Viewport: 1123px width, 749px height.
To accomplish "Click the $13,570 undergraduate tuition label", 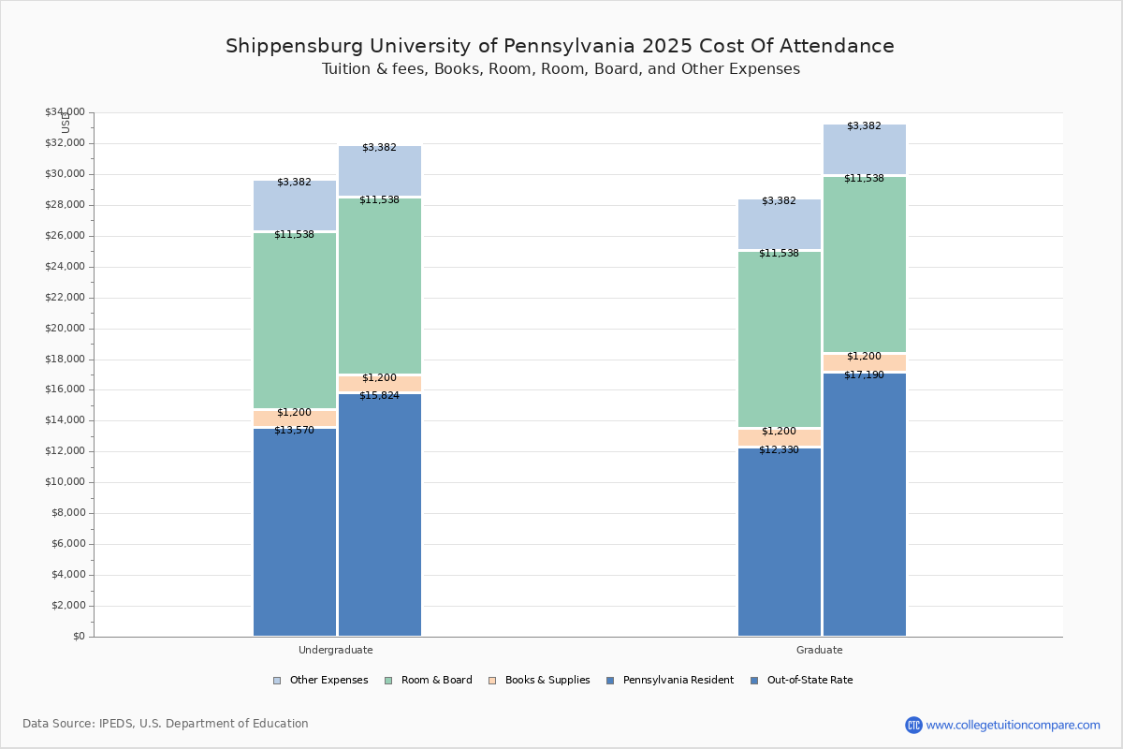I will (x=294, y=431).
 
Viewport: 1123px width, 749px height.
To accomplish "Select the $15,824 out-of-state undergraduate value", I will (x=379, y=396).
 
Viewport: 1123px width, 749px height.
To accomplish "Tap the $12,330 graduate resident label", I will (x=779, y=450).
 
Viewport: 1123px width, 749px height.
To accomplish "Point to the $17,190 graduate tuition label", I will (x=864, y=375).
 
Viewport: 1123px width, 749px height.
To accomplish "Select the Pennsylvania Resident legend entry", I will (x=669, y=681).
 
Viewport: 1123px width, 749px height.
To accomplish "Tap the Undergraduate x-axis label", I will (x=336, y=650).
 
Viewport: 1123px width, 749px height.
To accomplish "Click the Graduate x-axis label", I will (x=820, y=650).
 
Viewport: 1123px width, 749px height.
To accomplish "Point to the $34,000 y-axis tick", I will (x=65, y=112).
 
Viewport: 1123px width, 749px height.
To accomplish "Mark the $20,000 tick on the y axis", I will (x=65, y=329).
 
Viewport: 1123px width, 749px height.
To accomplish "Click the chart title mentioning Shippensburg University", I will (x=560, y=46).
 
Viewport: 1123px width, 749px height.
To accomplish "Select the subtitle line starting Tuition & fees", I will (x=561, y=69).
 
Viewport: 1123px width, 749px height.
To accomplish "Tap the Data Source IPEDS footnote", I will (x=166, y=724).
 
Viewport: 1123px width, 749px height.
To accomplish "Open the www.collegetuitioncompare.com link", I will (x=1013, y=725).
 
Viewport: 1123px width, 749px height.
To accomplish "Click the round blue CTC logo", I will (x=913, y=725).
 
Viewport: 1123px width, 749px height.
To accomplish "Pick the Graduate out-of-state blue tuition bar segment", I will (x=865, y=506).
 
